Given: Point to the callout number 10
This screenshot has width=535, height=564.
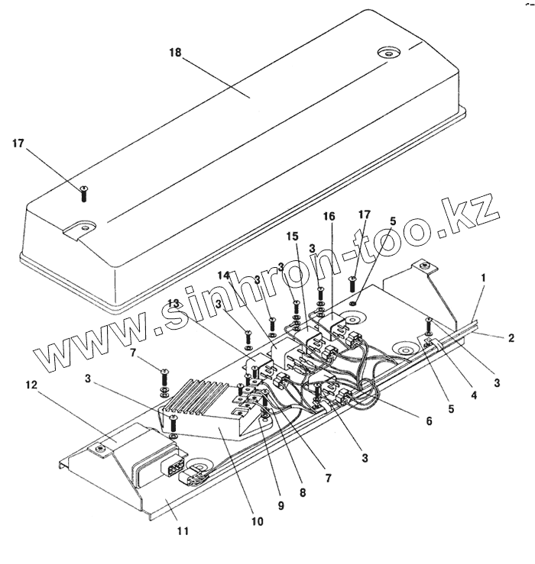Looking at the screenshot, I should click(x=257, y=522).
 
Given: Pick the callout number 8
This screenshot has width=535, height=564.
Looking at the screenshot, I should click(x=302, y=492).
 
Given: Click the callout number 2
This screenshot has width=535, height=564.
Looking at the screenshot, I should click(x=509, y=337).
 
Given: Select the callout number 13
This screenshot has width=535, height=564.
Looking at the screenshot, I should click(x=175, y=303).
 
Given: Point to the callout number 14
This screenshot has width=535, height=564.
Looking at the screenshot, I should click(x=223, y=274).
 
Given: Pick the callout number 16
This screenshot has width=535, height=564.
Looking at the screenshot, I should click(x=329, y=217).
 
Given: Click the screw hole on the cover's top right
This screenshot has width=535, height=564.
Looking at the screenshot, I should click(x=389, y=54).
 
